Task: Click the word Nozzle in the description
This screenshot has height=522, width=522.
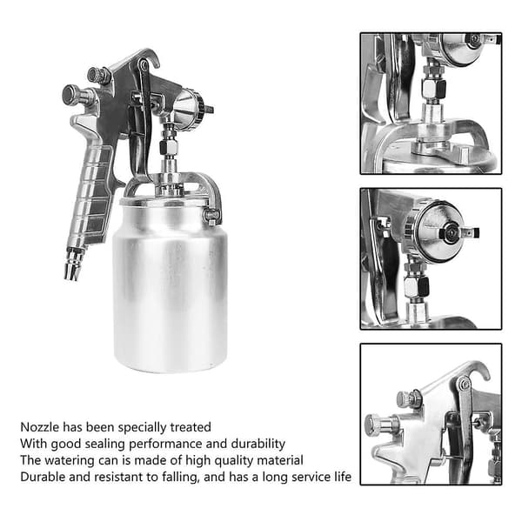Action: point(40,427)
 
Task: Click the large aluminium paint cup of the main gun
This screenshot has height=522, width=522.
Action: point(171,286)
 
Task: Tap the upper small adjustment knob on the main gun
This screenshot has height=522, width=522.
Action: point(97,75)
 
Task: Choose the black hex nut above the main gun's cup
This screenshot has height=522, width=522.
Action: point(168,148)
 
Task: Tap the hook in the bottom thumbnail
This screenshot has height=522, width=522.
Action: point(478,370)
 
